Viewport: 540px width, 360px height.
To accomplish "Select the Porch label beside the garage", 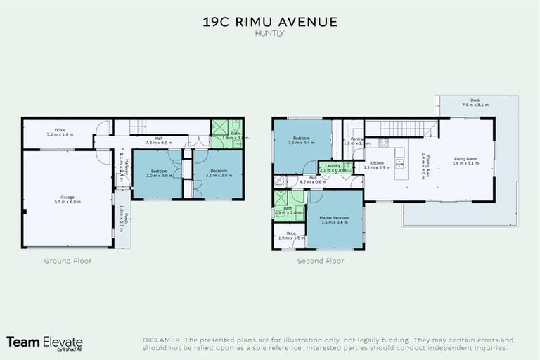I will coord(122,222).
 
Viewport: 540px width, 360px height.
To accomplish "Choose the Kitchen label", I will coord(377,163).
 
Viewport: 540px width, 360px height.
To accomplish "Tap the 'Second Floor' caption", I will coord(320,261).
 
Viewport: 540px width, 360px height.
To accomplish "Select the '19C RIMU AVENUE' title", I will coord(270,22).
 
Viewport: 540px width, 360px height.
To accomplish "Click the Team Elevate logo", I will coord(44,342).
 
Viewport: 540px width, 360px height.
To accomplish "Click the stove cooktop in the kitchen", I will coord(384,143).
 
